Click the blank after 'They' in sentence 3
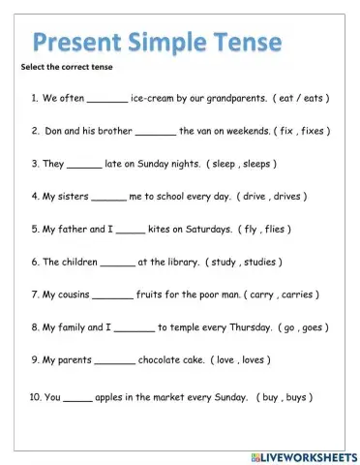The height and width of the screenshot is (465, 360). click(84, 165)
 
